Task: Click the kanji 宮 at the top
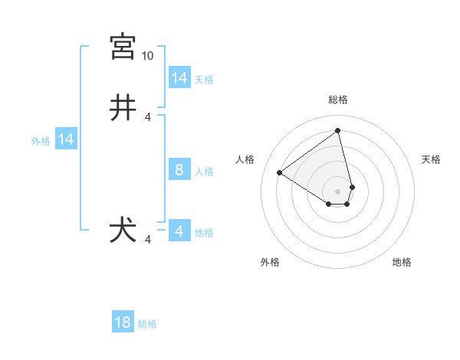pyautogui.click(x=123, y=47)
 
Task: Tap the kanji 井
pyautogui.click(x=123, y=108)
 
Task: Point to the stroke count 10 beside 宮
pyautogui.click(x=148, y=56)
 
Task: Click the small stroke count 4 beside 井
pyautogui.click(x=148, y=117)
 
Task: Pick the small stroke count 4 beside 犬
pyautogui.click(x=148, y=240)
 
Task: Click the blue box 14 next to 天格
pyautogui.click(x=179, y=78)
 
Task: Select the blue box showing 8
pyautogui.click(x=179, y=170)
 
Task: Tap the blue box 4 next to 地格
pyautogui.click(x=179, y=231)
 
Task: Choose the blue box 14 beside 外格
pyautogui.click(x=66, y=139)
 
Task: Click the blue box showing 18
pyautogui.click(x=123, y=322)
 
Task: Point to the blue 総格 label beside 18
pyautogui.click(x=147, y=324)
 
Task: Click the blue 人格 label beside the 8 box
pyautogui.click(x=204, y=172)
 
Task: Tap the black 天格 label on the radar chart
pyautogui.click(x=431, y=159)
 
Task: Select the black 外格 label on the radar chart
pyautogui.click(x=269, y=262)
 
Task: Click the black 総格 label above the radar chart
pyautogui.click(x=338, y=100)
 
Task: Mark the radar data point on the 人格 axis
pyautogui.click(x=280, y=173)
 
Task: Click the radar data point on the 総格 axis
pyautogui.click(x=338, y=130)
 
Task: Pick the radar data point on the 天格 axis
pyautogui.click(x=352, y=187)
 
